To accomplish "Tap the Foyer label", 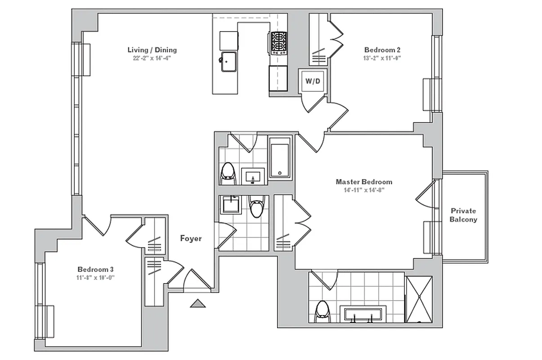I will (x=191, y=238).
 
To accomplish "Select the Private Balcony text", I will (x=463, y=215).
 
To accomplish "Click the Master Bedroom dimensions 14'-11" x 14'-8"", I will (x=363, y=190).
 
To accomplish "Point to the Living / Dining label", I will (x=152, y=50).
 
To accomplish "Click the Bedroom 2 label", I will (x=382, y=50).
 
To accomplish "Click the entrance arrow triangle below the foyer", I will (x=197, y=304).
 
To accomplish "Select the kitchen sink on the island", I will (x=230, y=61).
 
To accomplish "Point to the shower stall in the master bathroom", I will (x=419, y=299).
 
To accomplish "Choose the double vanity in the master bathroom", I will (x=363, y=314).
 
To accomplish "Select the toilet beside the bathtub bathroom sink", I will (x=228, y=173).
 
